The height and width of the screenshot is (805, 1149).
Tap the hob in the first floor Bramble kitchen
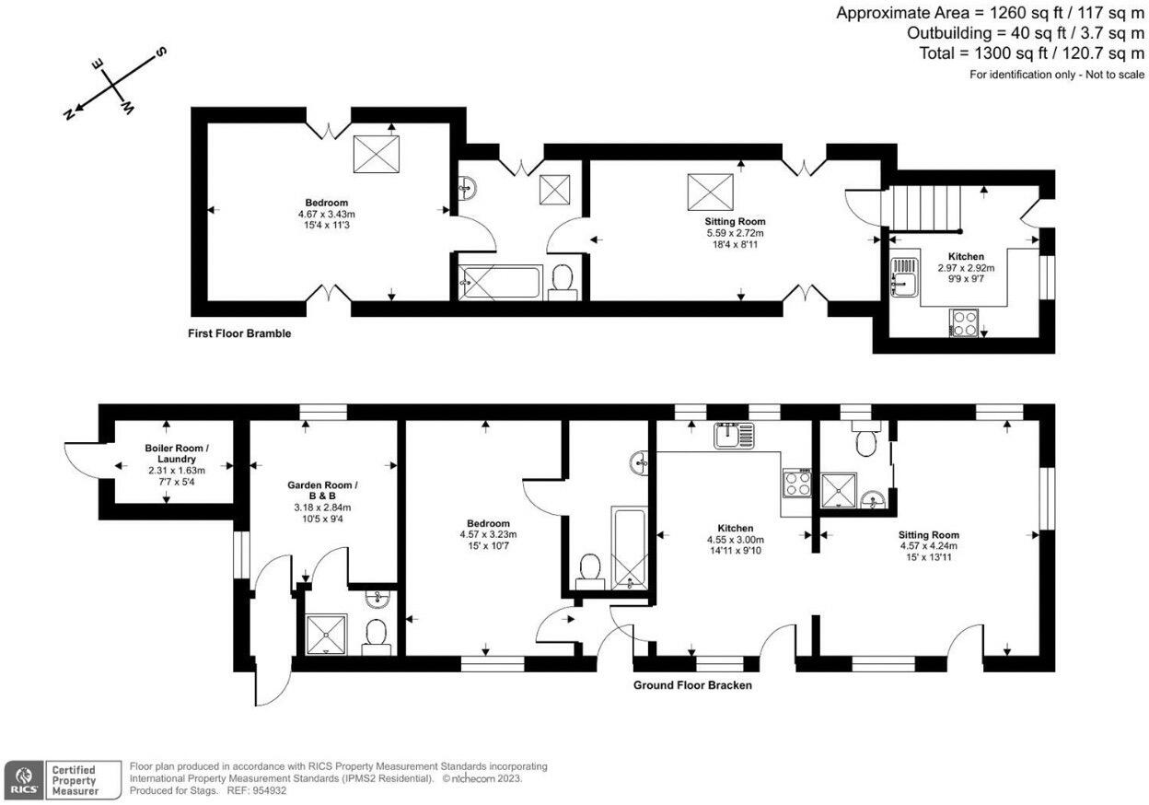(x=964, y=323)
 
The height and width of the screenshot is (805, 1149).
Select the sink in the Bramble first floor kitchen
(x=904, y=276)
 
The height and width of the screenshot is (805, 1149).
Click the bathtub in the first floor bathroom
(x=501, y=282)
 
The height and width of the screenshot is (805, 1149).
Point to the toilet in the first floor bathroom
(x=563, y=282)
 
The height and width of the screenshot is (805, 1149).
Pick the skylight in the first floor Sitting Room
(x=711, y=192)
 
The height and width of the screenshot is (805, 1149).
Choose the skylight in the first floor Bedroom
(x=377, y=154)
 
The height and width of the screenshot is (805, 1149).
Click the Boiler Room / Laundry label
(x=177, y=453)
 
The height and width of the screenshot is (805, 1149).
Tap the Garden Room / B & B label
(x=322, y=491)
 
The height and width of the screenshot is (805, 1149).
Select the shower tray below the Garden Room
(x=327, y=635)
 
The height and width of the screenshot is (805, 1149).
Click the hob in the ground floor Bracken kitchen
(x=797, y=483)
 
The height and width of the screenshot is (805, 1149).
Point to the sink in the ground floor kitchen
(x=735, y=435)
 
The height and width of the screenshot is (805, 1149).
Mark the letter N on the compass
(x=68, y=113)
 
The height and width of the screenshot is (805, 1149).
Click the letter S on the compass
(x=161, y=52)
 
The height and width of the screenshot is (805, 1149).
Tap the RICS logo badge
(x=24, y=780)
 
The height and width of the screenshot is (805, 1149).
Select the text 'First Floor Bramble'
(x=239, y=333)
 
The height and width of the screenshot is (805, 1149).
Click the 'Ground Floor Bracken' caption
(x=692, y=685)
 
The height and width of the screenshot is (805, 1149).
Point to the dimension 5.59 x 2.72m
(x=735, y=233)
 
